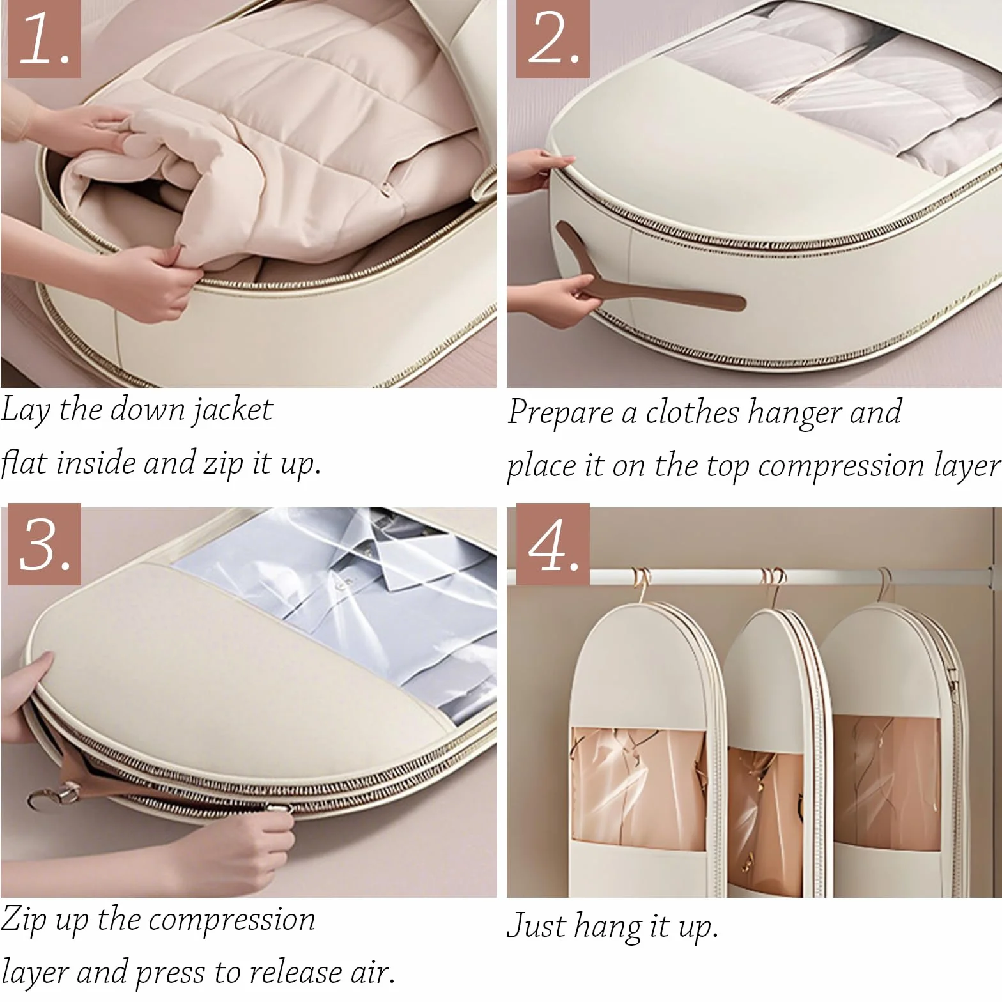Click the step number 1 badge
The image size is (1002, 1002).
[x=44, y=40]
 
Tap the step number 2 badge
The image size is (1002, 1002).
[x=553, y=40]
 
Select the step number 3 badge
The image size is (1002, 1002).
[x=44, y=544]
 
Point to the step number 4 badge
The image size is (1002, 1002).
[x=553, y=544]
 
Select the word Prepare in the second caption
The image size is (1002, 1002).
[x=560, y=412]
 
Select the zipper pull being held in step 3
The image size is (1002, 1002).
[x=282, y=808]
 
